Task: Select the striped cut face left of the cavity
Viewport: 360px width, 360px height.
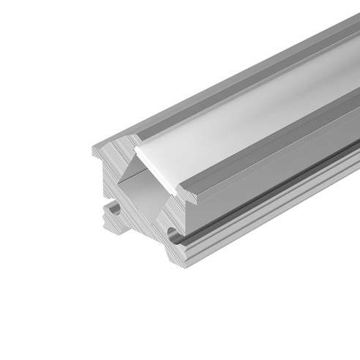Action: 106,176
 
